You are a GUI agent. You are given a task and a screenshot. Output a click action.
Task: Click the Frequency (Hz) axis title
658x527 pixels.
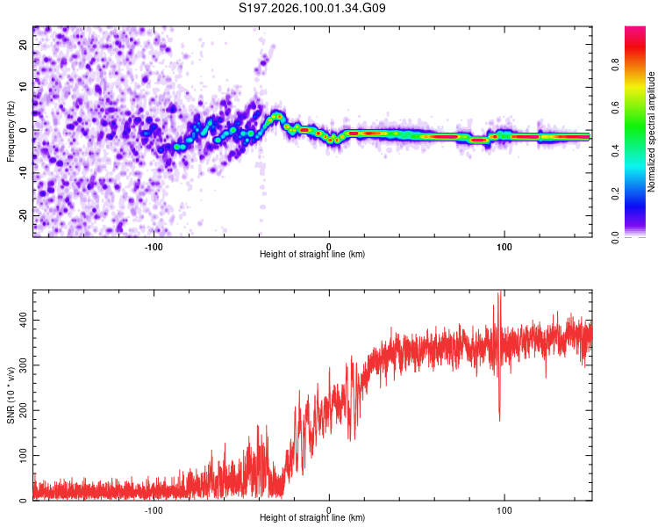tap(11, 132)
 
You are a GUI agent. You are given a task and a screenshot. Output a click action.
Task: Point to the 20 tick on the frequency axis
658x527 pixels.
tap(24, 46)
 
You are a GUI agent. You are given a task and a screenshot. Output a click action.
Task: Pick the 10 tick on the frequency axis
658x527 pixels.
tap(24, 88)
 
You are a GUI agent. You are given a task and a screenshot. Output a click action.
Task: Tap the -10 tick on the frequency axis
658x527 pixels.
tap(24, 173)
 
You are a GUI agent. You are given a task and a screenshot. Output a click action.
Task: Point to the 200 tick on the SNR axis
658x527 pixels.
tap(24, 410)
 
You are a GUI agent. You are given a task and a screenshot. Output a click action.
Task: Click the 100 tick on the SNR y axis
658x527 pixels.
tap(24, 456)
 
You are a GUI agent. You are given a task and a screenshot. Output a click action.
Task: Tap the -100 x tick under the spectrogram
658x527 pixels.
tap(154, 245)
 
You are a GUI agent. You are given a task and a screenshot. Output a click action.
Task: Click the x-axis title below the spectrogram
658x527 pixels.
tap(312, 255)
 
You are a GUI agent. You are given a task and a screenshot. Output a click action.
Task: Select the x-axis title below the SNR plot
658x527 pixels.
tap(312, 519)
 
